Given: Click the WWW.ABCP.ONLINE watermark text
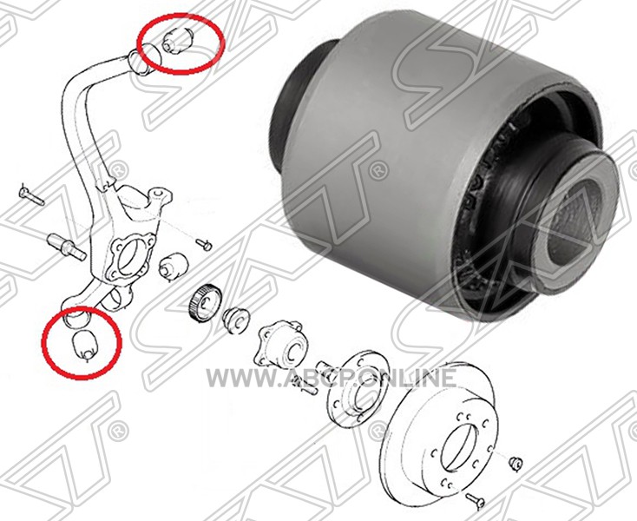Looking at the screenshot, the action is tap(332, 378).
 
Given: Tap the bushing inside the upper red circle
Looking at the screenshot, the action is tap(179, 40).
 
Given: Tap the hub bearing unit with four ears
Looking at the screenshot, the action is tap(279, 344).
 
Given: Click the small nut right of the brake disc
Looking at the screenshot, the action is tap(516, 464).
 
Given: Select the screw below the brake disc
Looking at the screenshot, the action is tap(476, 501).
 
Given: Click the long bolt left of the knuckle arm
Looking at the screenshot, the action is tap(31, 195).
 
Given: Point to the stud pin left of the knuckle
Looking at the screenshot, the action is tap(66, 247).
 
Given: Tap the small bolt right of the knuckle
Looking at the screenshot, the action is tap(204, 244).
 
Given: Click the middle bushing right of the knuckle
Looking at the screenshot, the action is tap(173, 266).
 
